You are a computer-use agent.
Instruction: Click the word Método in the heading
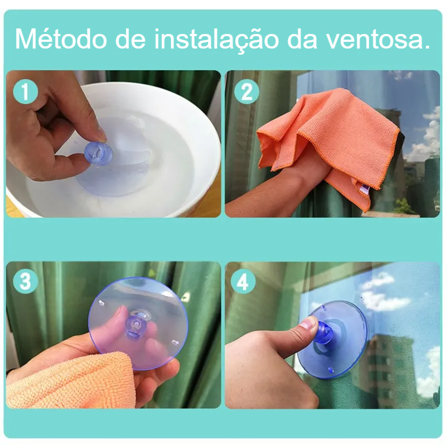[61, 39]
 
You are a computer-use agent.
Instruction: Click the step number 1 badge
[26, 91]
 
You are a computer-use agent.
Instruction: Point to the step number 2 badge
[246, 91]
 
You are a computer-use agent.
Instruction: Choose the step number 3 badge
[26, 282]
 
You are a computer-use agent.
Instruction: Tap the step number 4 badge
[243, 282]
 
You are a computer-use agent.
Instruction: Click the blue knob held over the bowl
[99, 154]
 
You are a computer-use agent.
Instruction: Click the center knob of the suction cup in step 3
[135, 324]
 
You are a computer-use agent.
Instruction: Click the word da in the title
[302, 40]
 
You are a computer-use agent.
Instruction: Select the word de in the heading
[130, 40]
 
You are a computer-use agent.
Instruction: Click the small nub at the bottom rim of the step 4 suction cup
[331, 370]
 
